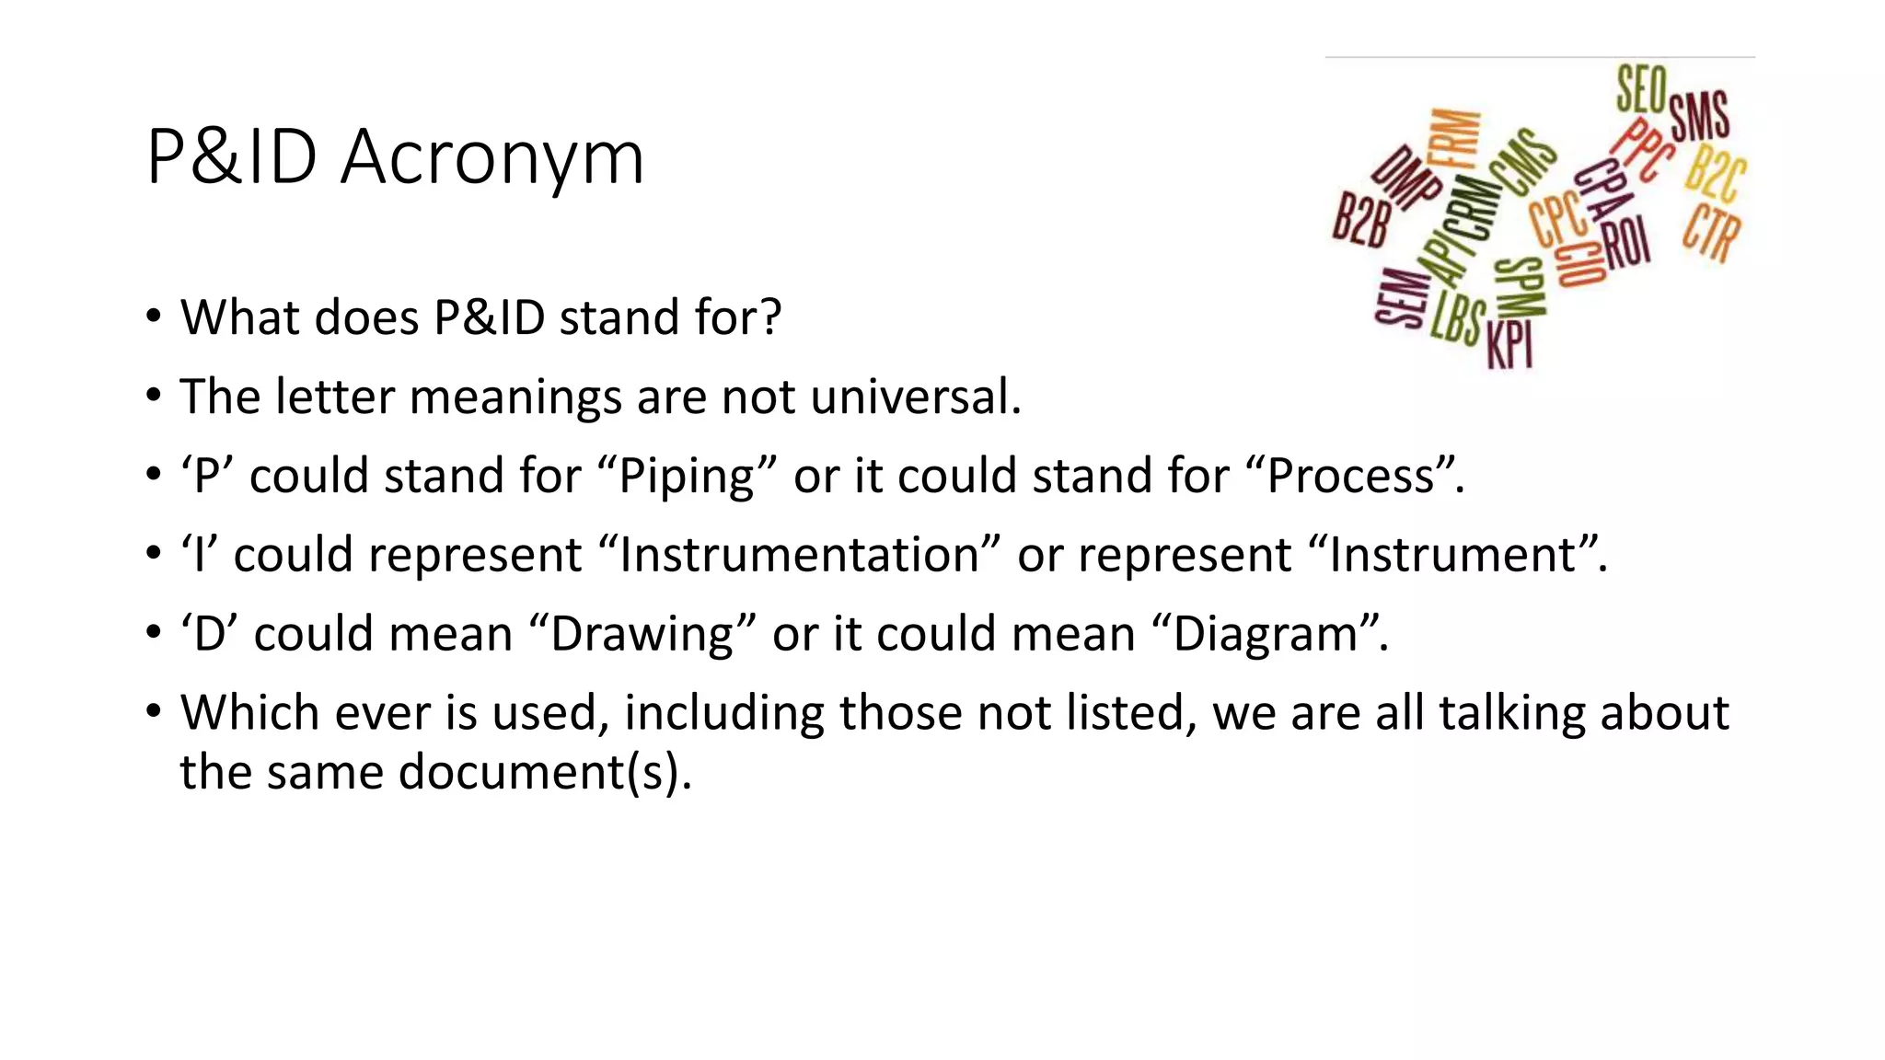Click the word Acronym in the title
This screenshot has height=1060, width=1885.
click(x=491, y=158)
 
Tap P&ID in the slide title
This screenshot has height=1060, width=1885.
click(x=232, y=158)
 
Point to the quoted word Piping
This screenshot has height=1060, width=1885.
click(x=687, y=477)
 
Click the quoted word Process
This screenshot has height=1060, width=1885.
click(x=1350, y=477)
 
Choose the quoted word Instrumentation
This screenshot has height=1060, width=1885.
click(x=798, y=556)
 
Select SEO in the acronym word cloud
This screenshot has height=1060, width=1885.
click(x=1641, y=89)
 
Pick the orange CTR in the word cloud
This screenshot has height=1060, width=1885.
click(x=1712, y=233)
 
